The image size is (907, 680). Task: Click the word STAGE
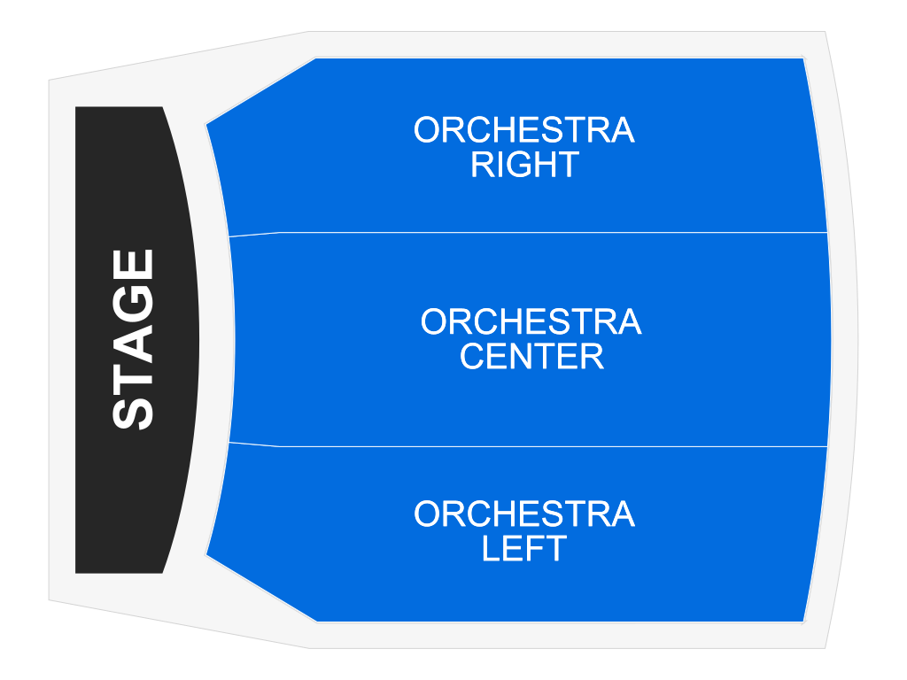[135, 340]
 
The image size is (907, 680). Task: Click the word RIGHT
[524, 166]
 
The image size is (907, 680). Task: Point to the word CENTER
[531, 357]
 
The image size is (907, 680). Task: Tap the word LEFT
[524, 549]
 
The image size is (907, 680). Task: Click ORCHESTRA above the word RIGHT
[524, 131]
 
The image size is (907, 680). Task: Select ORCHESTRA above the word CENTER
[531, 322]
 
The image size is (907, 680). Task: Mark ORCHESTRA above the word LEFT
[524, 514]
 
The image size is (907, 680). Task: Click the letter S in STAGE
[135, 411]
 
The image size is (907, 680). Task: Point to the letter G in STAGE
[135, 304]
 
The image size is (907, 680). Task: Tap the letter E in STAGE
[135, 266]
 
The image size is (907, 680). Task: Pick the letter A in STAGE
[135, 341]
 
